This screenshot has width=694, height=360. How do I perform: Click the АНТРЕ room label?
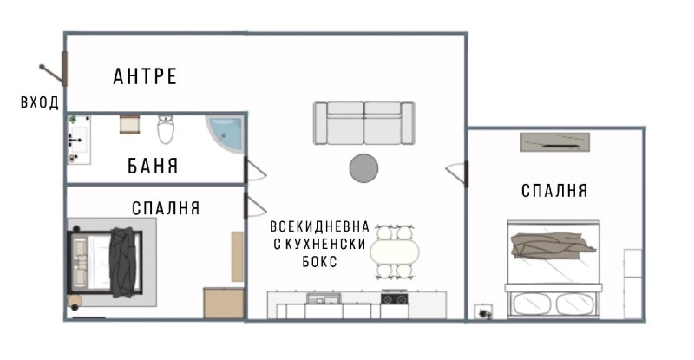click(145, 76)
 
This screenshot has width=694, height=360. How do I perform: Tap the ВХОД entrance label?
click(40, 102)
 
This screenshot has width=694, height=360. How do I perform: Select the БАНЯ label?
click(153, 165)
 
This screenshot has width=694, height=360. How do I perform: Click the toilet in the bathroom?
click(167, 131)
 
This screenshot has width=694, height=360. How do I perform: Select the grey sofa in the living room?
click(363, 123)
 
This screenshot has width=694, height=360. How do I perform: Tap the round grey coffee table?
click(363, 168)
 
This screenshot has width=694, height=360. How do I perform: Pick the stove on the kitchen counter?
click(394, 298)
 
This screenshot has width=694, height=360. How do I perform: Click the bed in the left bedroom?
click(108, 261)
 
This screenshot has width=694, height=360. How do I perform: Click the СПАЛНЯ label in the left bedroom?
click(166, 208)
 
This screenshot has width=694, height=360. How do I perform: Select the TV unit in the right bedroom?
click(556, 141)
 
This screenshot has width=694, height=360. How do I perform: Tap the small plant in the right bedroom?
click(482, 311)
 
